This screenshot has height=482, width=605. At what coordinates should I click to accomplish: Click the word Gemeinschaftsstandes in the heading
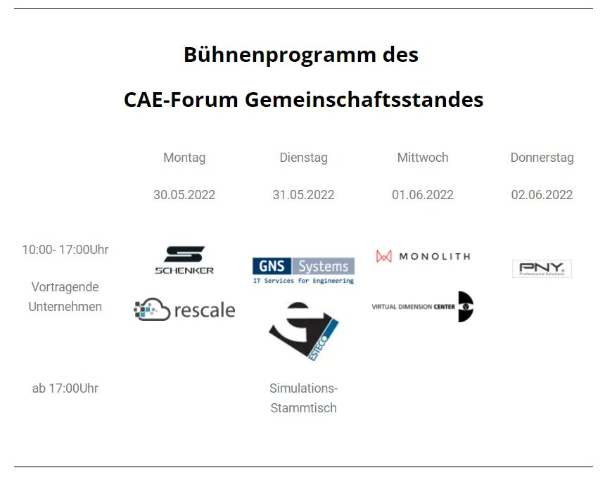(364, 100)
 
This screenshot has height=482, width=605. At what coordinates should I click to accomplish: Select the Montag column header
(184, 158)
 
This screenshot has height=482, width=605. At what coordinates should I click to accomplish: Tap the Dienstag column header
(303, 158)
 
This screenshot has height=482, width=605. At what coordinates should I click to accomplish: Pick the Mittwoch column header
(423, 158)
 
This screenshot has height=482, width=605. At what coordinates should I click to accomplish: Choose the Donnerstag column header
(542, 158)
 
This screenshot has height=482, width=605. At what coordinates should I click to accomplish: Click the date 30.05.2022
(184, 195)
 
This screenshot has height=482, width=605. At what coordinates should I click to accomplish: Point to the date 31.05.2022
(303, 195)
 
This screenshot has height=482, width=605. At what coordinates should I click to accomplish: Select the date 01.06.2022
(423, 195)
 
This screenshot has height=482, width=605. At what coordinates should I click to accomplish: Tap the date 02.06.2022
(542, 195)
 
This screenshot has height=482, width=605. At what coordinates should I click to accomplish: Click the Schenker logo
(184, 260)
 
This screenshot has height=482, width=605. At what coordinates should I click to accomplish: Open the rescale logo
(184, 310)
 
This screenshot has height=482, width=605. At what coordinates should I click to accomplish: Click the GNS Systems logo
(303, 270)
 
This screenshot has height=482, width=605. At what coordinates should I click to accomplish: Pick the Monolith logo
(423, 256)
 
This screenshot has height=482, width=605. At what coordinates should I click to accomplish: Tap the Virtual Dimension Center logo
(423, 307)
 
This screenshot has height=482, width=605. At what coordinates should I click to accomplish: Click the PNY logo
(542, 269)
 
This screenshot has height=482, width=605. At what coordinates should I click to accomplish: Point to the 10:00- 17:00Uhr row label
(65, 250)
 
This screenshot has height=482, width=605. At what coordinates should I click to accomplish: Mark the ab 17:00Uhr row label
(65, 388)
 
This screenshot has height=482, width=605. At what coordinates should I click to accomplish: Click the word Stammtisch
(303, 408)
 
